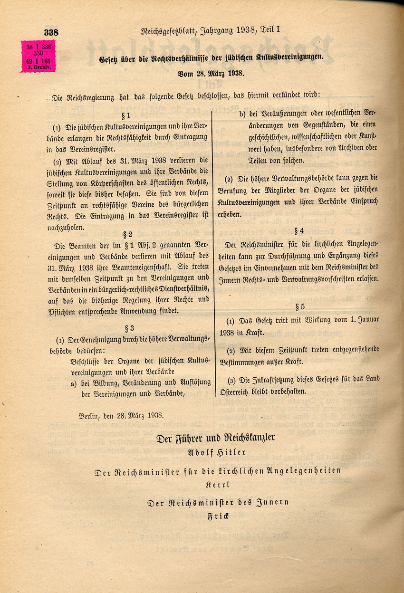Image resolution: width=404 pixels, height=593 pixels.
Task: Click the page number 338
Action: pos(51,33)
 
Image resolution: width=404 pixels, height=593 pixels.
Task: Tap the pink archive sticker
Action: pos(38,56)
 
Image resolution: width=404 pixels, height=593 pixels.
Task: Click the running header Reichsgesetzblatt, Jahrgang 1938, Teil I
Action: pos(211,31)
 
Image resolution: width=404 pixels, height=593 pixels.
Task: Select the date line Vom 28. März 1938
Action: pos(211,74)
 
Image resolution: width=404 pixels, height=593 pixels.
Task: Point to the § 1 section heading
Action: pos(126,115)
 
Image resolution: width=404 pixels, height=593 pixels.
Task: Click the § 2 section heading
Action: pos(127,234)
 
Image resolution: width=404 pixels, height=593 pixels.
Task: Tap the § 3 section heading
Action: pos(129,328)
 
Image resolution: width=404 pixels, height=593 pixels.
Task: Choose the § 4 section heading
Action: pos(298,231)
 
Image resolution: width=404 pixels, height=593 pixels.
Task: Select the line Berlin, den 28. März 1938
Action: pos(121,415)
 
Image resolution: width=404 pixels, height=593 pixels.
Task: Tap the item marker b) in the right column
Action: pos(242,114)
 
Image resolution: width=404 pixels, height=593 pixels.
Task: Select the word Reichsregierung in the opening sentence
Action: pos(91,98)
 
